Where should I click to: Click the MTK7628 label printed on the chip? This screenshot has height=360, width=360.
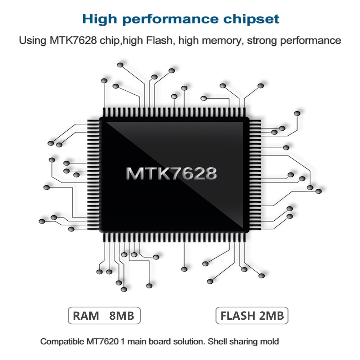point(171,173)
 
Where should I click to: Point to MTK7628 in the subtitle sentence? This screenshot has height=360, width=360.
point(73,40)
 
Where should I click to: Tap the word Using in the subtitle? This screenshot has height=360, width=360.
point(31,40)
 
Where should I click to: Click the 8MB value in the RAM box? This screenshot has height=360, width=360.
point(121,316)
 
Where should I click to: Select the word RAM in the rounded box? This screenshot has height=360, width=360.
point(86,316)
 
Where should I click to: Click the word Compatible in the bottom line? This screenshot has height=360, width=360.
point(61,341)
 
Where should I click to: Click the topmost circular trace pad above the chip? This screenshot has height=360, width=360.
point(120,65)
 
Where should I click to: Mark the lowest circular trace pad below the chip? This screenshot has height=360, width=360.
point(124,289)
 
